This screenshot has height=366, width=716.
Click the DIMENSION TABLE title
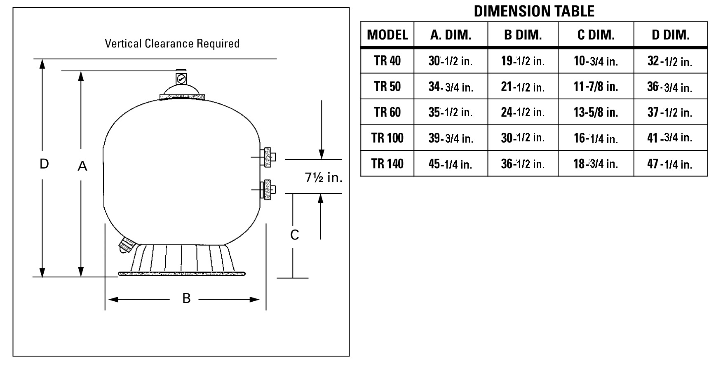(x=534, y=11)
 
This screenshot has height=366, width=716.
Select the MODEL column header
(x=387, y=35)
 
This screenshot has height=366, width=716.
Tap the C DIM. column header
(x=596, y=35)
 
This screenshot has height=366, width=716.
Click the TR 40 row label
(x=387, y=61)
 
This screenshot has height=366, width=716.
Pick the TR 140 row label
(x=387, y=164)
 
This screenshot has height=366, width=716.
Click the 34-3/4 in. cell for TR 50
(x=451, y=87)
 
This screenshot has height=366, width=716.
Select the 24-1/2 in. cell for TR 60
(x=523, y=112)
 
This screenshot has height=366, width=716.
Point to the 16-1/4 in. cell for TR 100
(x=596, y=138)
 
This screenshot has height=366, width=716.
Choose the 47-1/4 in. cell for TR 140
(x=670, y=164)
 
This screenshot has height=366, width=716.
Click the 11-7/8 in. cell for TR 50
(x=596, y=87)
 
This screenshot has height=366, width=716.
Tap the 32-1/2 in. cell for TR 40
(x=670, y=61)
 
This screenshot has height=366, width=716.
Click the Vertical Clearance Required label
(x=172, y=44)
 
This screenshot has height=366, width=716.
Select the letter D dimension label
(x=44, y=164)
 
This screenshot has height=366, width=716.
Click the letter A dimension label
(x=82, y=166)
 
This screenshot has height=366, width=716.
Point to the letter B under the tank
(x=186, y=298)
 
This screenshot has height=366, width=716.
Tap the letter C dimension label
(x=294, y=235)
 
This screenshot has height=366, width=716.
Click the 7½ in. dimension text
(x=324, y=178)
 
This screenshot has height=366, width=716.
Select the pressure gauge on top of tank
(x=181, y=78)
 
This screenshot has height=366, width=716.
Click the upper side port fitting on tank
(x=268, y=157)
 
